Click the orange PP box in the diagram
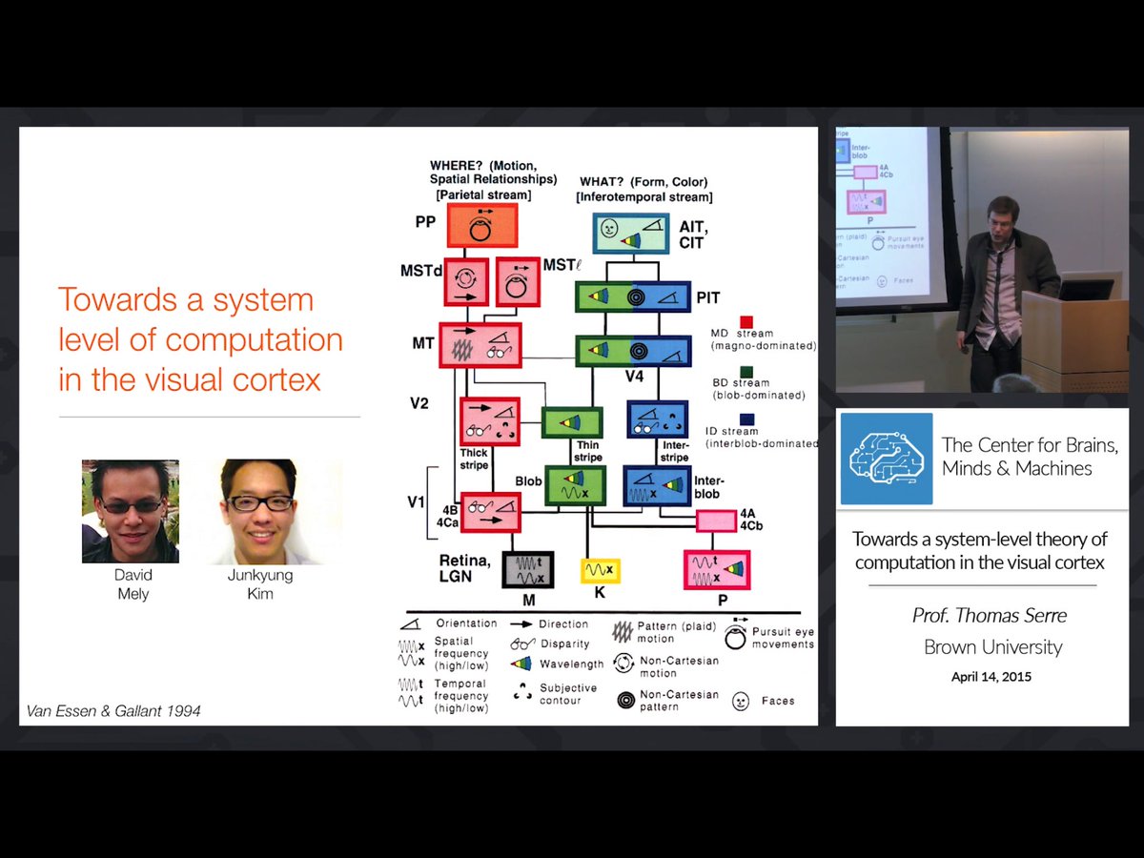pyautogui.click(x=481, y=226)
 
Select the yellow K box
pyautogui.click(x=601, y=570)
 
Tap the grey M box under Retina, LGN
pyautogui.click(x=528, y=570)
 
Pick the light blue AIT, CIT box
pyautogui.click(x=632, y=233)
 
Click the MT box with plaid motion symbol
pyautogui.click(x=480, y=345)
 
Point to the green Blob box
pyautogui.click(x=574, y=484)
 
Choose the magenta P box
pyautogui.click(x=716, y=570)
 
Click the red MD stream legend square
pyautogui.click(x=746, y=322)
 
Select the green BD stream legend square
pyautogui.click(x=746, y=370)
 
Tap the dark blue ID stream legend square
pyautogui.click(x=746, y=418)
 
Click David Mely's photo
pyautogui.click(x=130, y=511)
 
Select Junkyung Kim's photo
pyautogui.click(x=258, y=511)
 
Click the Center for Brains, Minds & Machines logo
pyautogui.click(x=886, y=459)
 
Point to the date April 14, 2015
pyautogui.click(x=991, y=677)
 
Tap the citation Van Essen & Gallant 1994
pyautogui.click(x=113, y=710)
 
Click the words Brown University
pyautogui.click(x=992, y=647)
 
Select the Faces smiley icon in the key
pyautogui.click(x=740, y=701)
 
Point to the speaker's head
pyautogui.click(x=998, y=214)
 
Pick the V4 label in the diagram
pyautogui.click(x=635, y=377)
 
